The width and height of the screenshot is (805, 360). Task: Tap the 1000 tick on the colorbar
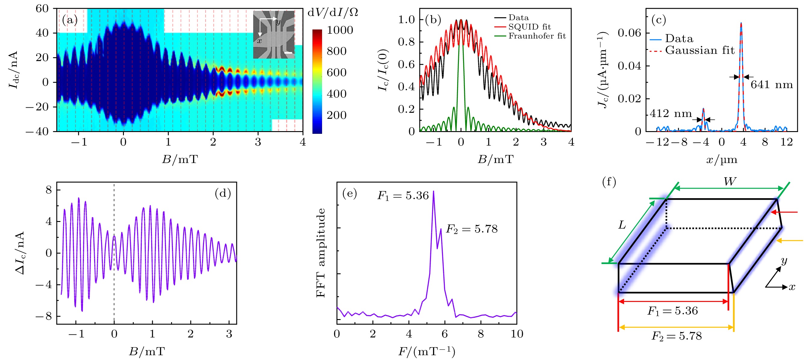pyautogui.click(x=340, y=30)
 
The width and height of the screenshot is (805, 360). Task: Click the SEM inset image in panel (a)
pyautogui.click(x=273, y=34)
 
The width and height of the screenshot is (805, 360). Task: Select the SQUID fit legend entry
pyautogui.click(x=529, y=27)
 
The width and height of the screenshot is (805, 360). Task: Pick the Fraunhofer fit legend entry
pyautogui.click(x=536, y=36)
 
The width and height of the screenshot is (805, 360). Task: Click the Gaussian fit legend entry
pyautogui.click(x=699, y=50)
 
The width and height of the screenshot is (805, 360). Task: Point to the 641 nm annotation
pyautogui.click(x=772, y=85)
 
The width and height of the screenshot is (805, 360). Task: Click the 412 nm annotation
pyautogui.click(x=671, y=113)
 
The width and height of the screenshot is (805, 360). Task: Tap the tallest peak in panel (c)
pyautogui.click(x=741, y=23)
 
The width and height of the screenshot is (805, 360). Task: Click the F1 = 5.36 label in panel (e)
pyautogui.click(x=403, y=195)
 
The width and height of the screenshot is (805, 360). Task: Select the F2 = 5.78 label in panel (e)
pyautogui.click(x=471, y=229)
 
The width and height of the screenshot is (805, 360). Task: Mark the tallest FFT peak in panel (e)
pyautogui.click(x=433, y=192)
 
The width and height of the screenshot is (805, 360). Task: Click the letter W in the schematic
pyautogui.click(x=730, y=182)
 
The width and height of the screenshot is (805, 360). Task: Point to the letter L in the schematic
pyautogui.click(x=622, y=225)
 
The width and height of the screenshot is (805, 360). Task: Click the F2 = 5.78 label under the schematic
pyautogui.click(x=677, y=336)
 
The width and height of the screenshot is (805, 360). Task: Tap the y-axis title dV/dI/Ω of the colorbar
pyautogui.click(x=333, y=13)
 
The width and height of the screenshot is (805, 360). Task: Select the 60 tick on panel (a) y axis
pyautogui.click(x=42, y=9)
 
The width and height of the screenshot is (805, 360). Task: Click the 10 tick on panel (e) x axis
pyautogui.click(x=517, y=334)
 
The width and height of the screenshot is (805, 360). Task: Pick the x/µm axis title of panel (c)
pyautogui.click(x=722, y=160)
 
